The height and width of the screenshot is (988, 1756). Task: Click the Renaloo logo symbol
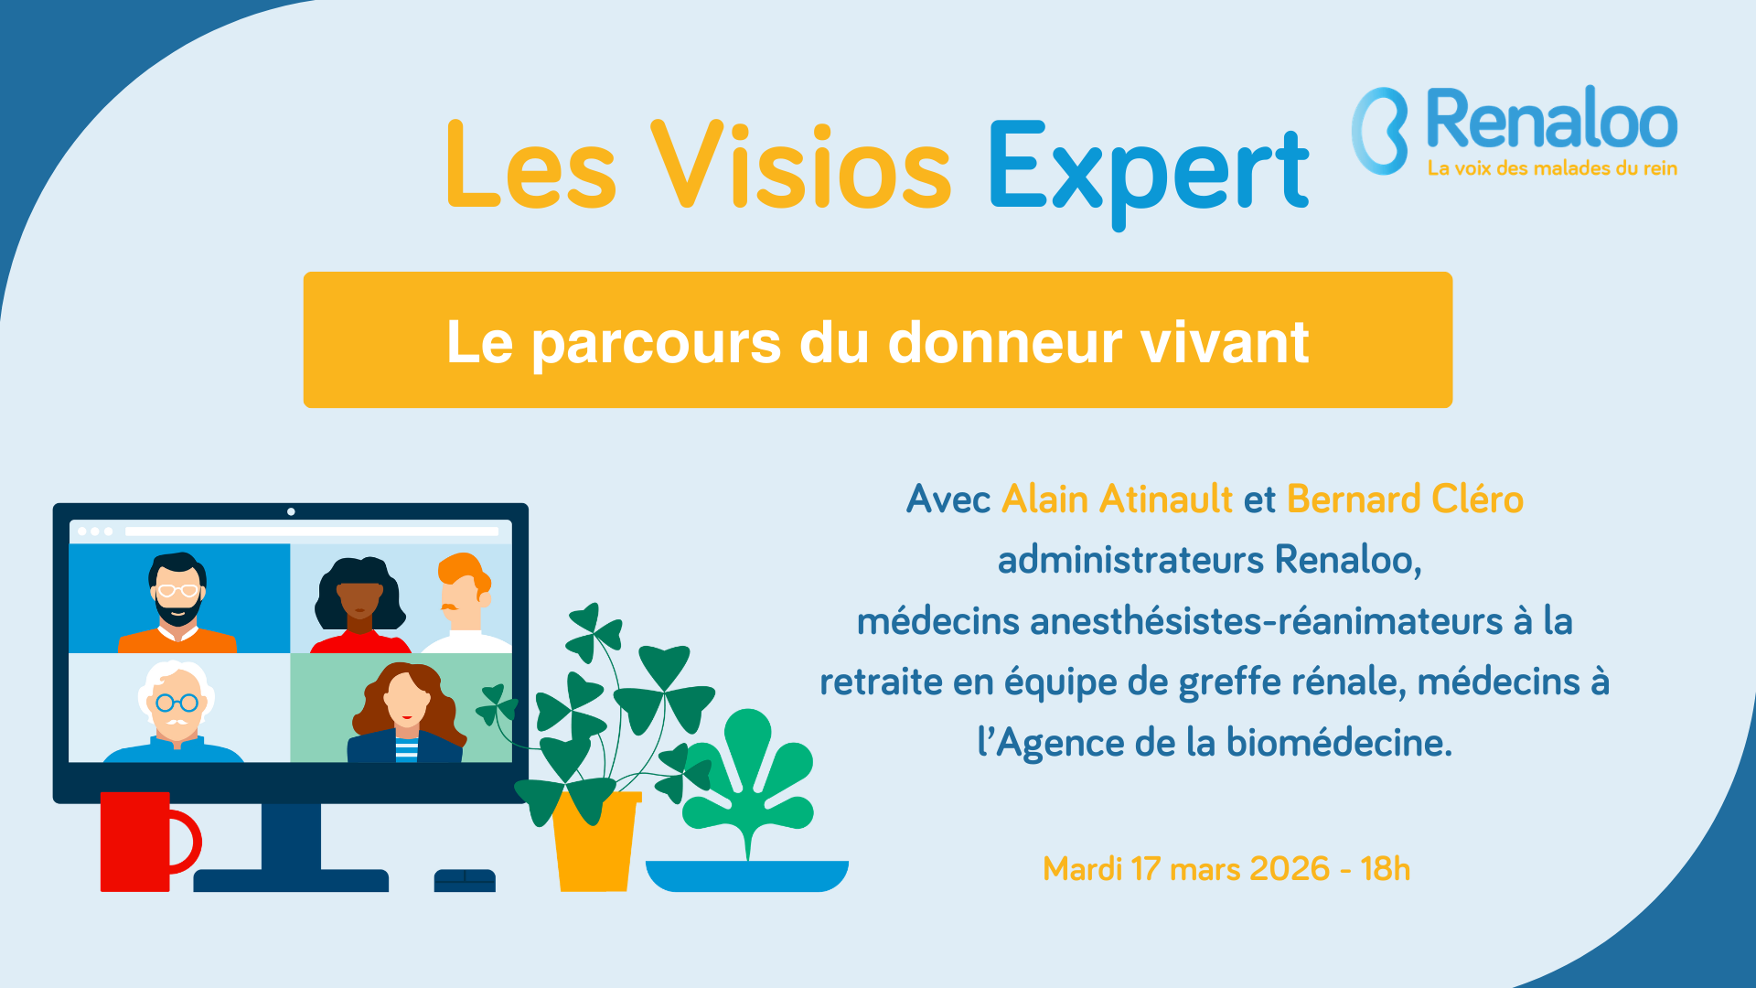coord(1380,130)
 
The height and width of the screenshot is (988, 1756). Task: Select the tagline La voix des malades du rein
coord(1552,168)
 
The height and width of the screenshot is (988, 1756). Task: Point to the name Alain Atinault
coord(1118,499)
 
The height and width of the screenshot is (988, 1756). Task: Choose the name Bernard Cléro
coord(1405,499)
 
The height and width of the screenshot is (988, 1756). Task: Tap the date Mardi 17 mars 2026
coord(1186,868)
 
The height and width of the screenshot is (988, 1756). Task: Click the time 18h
coord(1385,868)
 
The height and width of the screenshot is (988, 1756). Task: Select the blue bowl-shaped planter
coord(747,875)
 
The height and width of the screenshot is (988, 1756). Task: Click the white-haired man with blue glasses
coord(176,712)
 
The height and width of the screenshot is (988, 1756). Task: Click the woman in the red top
coord(360,604)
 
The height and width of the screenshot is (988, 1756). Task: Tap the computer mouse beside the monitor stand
coord(465,880)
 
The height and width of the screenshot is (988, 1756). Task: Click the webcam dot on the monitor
coord(291,511)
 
